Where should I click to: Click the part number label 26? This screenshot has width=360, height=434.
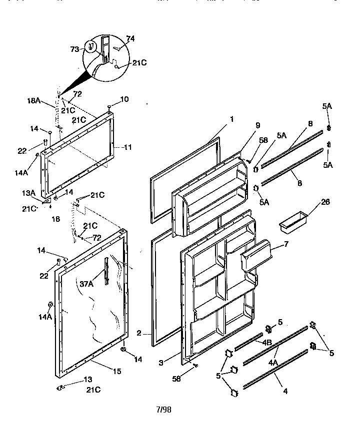(x=311, y=202)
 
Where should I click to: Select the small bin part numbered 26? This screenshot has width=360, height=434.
(x=290, y=220)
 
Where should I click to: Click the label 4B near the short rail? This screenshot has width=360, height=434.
(x=266, y=343)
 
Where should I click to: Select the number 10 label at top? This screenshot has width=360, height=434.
(x=124, y=99)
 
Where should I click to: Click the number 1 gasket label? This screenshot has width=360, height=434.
(x=232, y=119)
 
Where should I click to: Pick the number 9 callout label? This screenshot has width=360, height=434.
(x=257, y=126)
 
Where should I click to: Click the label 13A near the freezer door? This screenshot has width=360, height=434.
(x=28, y=193)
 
